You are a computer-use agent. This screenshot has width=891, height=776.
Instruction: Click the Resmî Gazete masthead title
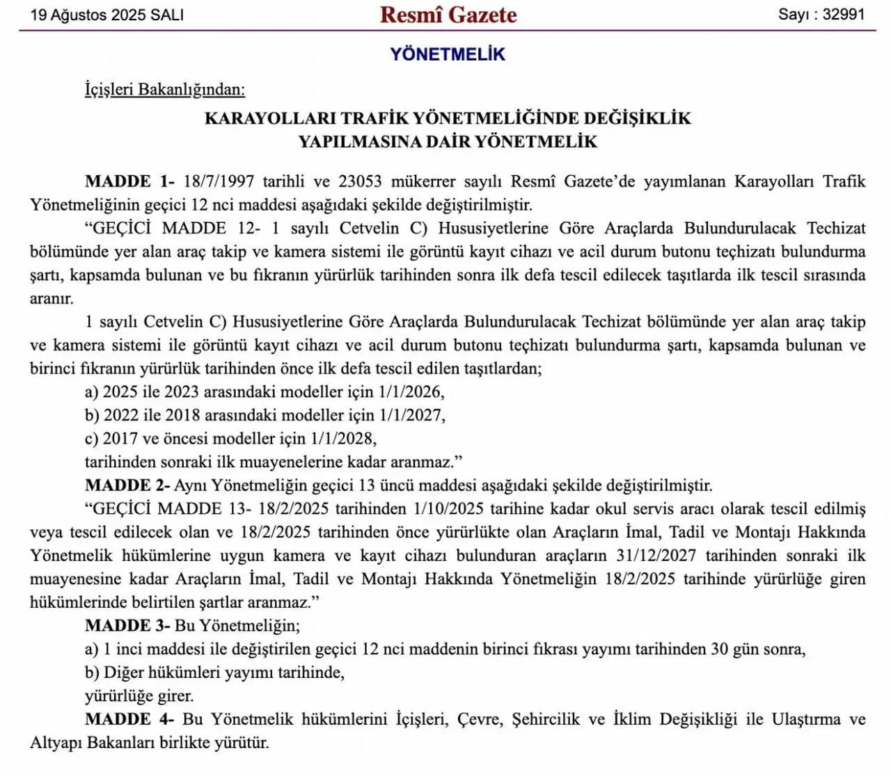click(x=448, y=15)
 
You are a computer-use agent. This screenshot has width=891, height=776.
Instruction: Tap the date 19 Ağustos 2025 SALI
click(x=107, y=15)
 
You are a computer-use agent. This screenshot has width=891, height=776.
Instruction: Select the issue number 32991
click(x=843, y=15)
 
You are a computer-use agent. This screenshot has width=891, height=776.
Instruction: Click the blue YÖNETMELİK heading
click(x=448, y=54)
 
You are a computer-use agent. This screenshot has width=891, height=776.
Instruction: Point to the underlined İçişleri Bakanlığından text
click(x=165, y=90)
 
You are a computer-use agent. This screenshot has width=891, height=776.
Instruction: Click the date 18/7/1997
click(x=219, y=181)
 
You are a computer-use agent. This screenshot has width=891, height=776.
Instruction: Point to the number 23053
click(x=360, y=181)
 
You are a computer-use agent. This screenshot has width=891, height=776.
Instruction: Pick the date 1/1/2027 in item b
click(x=410, y=416)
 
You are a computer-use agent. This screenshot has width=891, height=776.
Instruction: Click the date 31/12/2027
click(x=656, y=556)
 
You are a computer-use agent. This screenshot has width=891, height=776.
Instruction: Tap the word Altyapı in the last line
click(x=56, y=743)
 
